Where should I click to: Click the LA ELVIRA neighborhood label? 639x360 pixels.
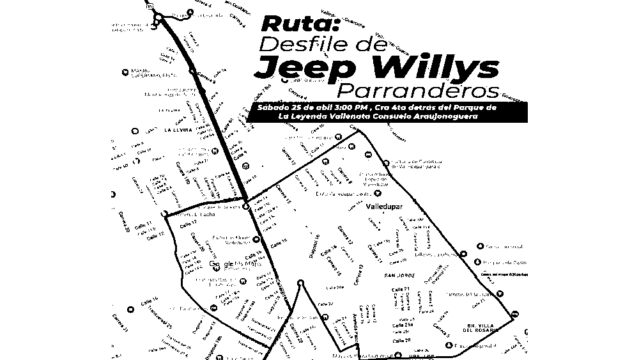point(178,130)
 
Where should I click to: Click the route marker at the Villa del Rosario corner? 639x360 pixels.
point(515,313)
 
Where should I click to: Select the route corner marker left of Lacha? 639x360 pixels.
point(165,213)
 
